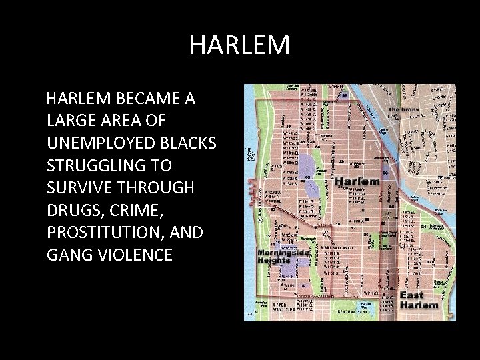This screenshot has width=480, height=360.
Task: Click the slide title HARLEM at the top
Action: (x=239, y=45)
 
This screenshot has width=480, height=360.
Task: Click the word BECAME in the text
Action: (x=145, y=99)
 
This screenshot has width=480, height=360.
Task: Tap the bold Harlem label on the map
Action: (x=357, y=181)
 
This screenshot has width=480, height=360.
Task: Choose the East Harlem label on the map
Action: (x=419, y=301)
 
